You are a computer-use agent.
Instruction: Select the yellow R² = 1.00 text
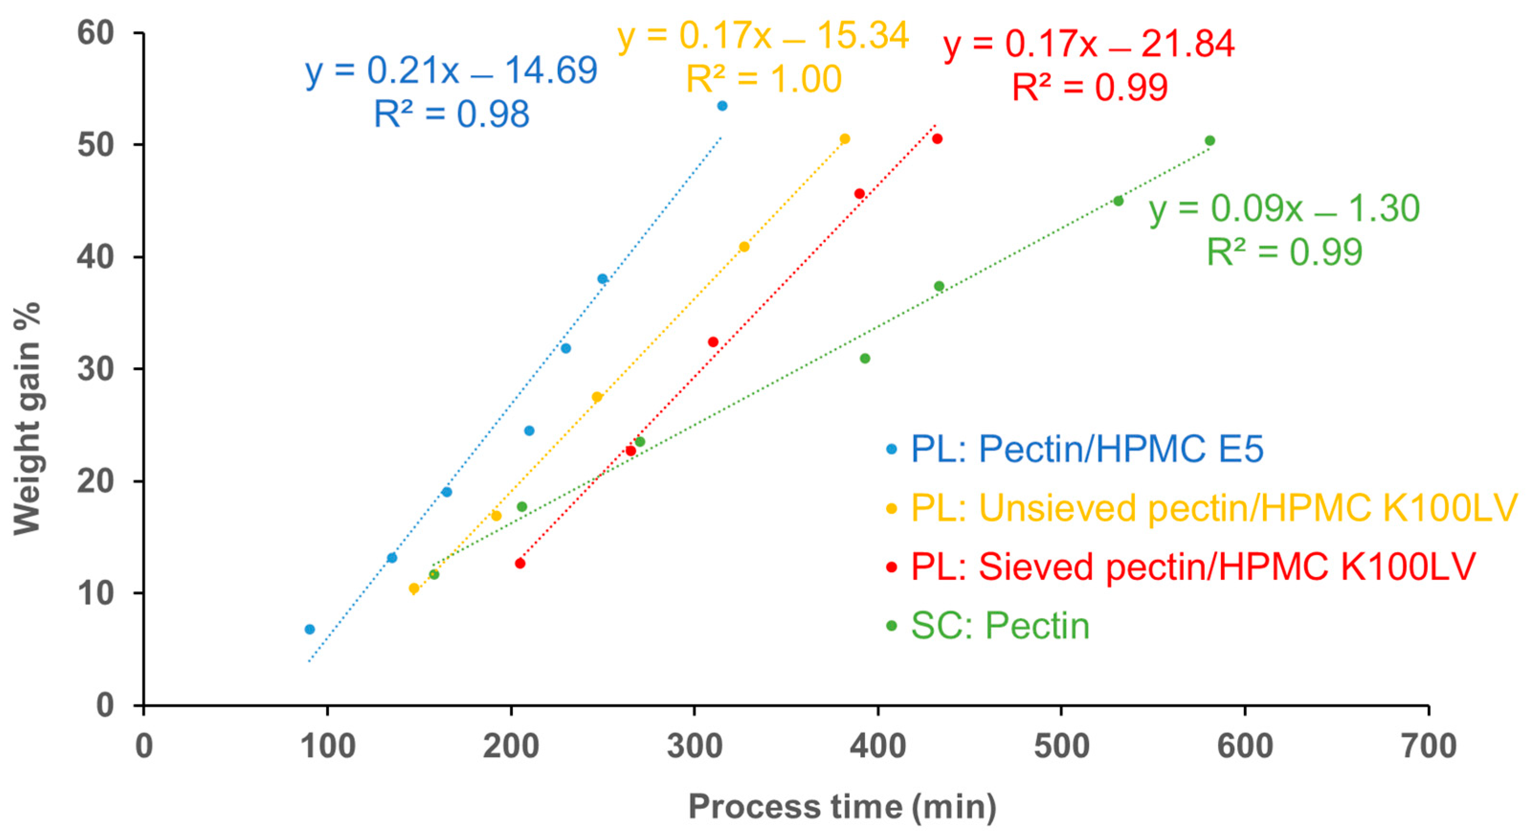764,79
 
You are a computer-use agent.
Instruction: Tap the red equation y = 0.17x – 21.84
1088,44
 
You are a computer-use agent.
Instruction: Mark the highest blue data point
722,106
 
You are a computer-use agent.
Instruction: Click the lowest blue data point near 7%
309,629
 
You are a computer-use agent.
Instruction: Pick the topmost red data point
937,139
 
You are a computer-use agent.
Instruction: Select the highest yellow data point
844,139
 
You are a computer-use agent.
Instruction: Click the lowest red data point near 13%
520,563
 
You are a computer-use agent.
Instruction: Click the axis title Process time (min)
842,807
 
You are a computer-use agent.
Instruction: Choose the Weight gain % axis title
27,418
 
